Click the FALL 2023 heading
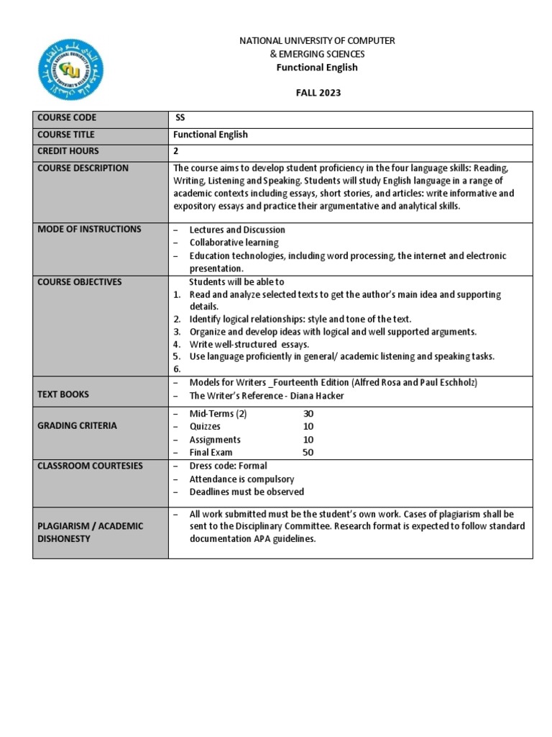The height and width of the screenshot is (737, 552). (x=317, y=93)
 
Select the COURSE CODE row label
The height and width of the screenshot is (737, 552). (x=66, y=118)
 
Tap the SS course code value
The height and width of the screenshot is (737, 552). (x=180, y=118)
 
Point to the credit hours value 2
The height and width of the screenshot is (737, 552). (x=176, y=151)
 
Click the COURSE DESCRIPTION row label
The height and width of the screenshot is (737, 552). (x=83, y=168)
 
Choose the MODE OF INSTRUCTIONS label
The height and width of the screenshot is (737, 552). (x=89, y=230)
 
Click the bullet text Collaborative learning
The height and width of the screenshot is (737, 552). (x=234, y=243)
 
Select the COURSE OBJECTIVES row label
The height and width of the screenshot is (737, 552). (x=79, y=282)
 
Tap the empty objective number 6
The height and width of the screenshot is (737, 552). (x=176, y=368)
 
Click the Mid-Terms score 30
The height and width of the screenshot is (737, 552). (x=308, y=414)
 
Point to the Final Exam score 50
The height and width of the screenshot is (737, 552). (x=308, y=453)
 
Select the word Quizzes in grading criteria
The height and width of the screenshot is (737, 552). (x=205, y=427)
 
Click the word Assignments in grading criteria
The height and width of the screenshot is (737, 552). (x=215, y=440)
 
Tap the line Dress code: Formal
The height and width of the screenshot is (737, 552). (x=228, y=466)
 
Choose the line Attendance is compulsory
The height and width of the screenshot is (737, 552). (x=241, y=479)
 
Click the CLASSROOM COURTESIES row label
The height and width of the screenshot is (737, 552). (x=90, y=466)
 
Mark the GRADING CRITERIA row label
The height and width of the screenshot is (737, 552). (x=77, y=426)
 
